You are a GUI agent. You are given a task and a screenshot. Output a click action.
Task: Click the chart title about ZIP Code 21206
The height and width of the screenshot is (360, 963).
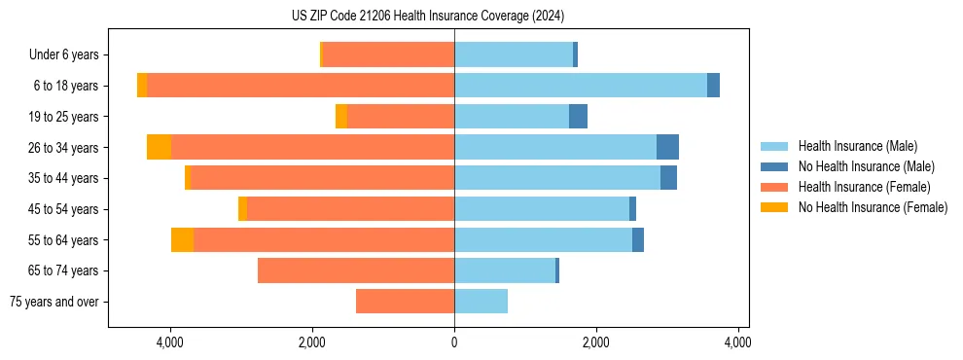coord(427,17)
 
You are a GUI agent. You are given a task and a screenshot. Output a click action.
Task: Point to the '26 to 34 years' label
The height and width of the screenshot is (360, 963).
coord(64,148)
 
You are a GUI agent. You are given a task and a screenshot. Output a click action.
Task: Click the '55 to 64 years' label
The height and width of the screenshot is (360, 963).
coord(64,240)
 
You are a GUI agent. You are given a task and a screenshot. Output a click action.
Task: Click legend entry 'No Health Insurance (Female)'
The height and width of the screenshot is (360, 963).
coord(873,207)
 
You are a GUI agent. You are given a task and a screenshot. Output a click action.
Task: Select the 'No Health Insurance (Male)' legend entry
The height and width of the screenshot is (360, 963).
coord(866,166)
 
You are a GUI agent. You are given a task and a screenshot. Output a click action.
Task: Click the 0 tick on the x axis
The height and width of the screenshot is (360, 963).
coord(454,342)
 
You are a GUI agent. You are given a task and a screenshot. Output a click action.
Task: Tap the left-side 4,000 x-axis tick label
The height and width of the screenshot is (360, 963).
coord(170,342)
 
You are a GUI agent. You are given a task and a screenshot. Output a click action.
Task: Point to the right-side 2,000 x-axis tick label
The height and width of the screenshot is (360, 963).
coord(595,342)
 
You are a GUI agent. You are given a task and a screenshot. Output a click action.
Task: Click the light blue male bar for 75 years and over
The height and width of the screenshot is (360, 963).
coord(481,302)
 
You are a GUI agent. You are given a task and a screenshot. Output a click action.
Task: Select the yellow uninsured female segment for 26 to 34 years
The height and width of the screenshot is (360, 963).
coord(159,147)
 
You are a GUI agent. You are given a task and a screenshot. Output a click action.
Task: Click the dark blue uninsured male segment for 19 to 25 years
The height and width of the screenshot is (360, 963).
coord(578,117)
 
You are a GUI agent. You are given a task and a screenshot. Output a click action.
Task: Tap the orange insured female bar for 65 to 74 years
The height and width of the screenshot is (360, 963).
coord(356,270)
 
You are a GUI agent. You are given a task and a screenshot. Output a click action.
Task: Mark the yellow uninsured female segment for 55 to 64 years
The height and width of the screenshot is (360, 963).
coord(182,239)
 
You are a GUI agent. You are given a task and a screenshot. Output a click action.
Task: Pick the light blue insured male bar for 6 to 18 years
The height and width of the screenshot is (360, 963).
coord(581,86)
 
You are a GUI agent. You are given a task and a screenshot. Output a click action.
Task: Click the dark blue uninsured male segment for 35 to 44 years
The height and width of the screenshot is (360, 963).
coord(668,178)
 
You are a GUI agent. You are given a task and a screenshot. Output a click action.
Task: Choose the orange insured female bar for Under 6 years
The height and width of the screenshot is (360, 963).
coord(388,55)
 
